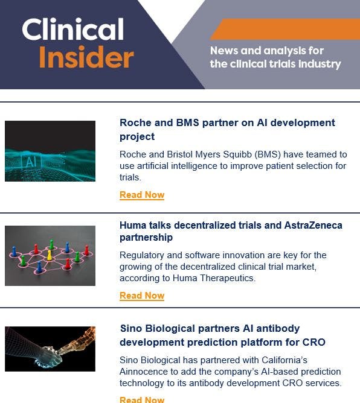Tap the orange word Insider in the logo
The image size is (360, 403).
pos(86,57)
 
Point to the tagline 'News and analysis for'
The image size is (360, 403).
pos(267,51)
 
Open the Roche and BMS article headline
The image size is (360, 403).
pos(227,129)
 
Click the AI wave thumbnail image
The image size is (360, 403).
pos(50,151)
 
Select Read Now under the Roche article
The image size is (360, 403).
pos(142,195)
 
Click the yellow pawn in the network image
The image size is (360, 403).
pos(50,254)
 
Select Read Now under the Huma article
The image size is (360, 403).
pos(142,296)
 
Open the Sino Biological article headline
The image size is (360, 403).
pos(222,335)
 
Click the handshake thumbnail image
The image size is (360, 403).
pos(50,349)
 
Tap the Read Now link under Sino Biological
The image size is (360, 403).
pos(142,399)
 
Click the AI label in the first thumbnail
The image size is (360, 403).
pos(29,161)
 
